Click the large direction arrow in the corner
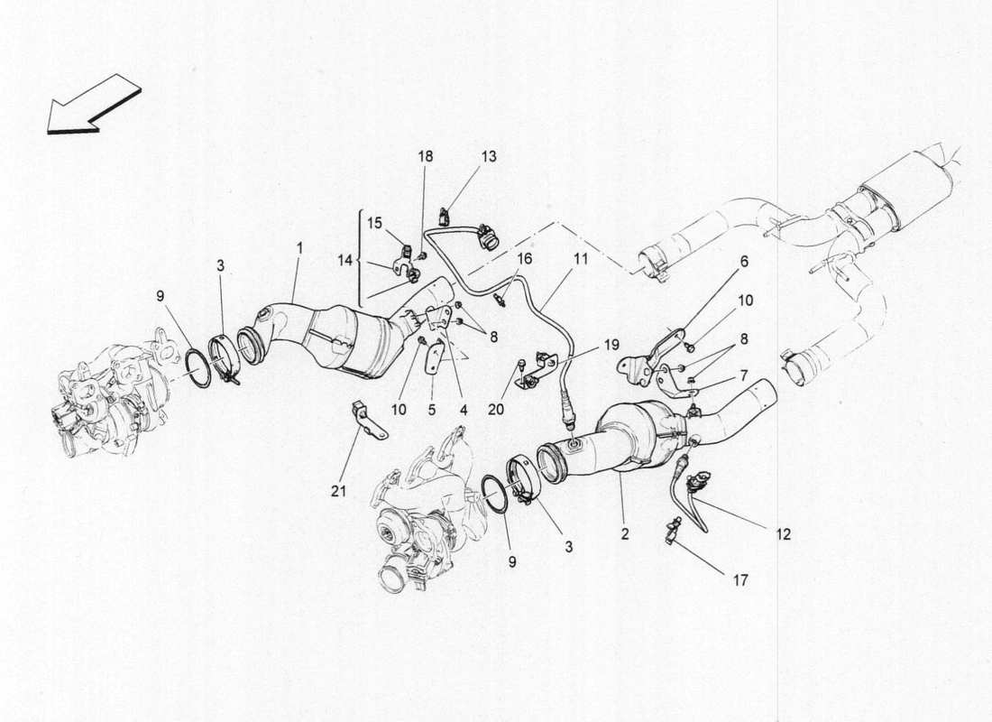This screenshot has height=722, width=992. pos(93,106)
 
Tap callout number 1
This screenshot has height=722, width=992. pos(300,246)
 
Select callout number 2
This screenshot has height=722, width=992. pos(624,533)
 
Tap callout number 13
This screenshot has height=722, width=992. pos(488,156)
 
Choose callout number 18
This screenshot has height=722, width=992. pos(425,156)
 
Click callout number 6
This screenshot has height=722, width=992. pos(744,261)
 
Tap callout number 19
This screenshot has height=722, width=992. pos(612,344)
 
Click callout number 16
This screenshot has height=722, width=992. pos(523,259)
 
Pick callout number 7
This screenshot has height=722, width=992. pos(744,375)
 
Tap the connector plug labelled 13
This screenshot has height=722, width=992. pos(445,216)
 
